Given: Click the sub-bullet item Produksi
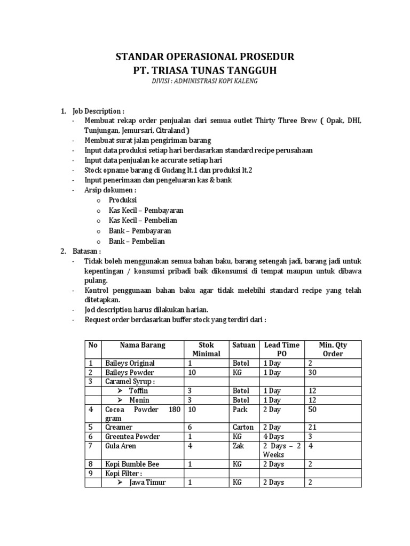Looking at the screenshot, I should click(123, 200).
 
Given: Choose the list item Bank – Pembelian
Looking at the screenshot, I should click(137, 241).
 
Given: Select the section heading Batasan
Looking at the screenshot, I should click(88, 252).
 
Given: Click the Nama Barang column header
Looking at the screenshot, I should click(143, 346).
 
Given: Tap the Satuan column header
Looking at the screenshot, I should click(244, 346).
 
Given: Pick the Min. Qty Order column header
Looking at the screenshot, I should click(333, 350).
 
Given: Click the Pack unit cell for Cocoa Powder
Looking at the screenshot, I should click(240, 410).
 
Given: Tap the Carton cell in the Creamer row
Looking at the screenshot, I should click(243, 428).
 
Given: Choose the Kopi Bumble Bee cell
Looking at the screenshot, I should click(132, 464).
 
